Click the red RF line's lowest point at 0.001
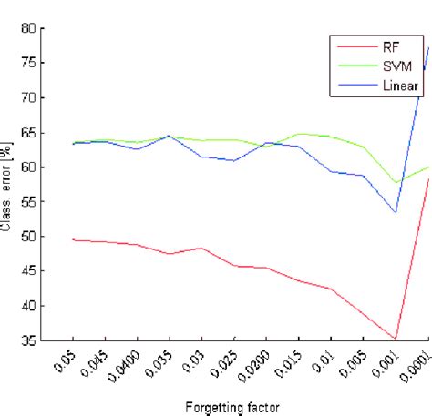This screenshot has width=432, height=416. (396, 340)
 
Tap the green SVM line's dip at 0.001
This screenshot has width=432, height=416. (396, 182)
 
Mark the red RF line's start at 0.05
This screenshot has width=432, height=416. (73, 239)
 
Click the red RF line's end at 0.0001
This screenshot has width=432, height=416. (427, 178)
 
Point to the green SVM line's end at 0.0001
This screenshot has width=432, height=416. (427, 167)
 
